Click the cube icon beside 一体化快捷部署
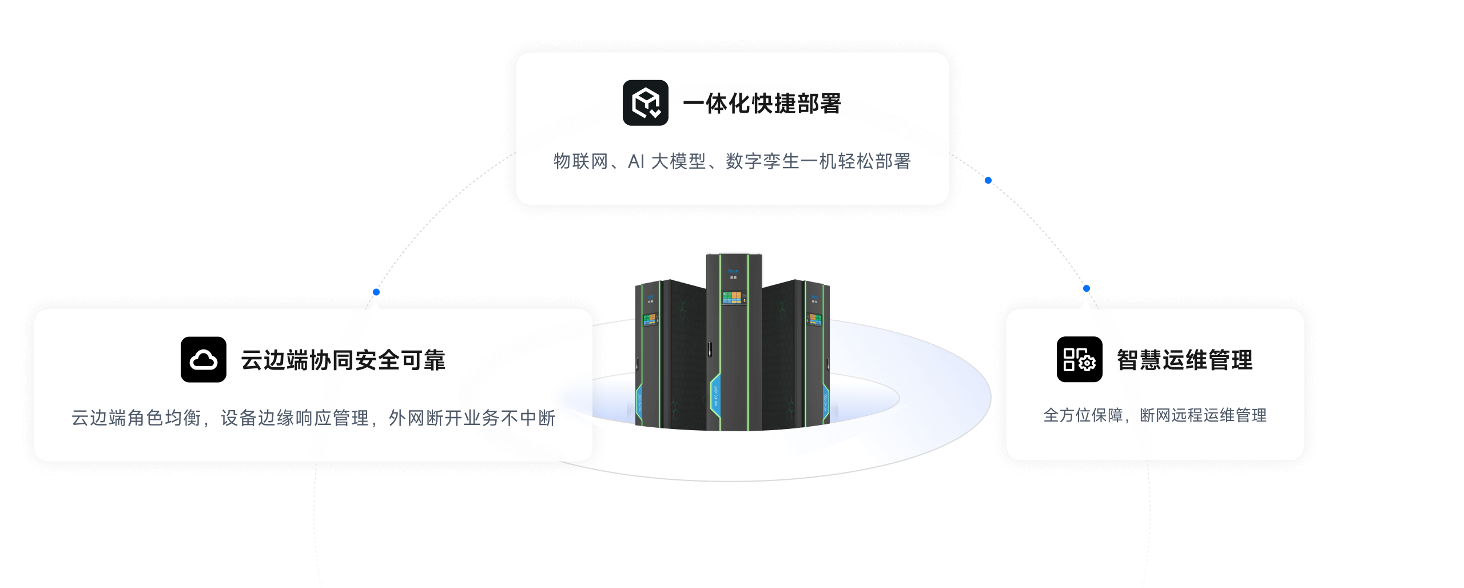click(645, 103)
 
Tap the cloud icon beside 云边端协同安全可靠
click(204, 360)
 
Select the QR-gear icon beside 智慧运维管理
click(1079, 360)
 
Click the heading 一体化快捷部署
click(762, 104)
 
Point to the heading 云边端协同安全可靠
click(343, 360)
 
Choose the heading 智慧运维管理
click(1184, 360)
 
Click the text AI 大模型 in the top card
click(667, 162)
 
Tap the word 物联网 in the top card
click(580, 162)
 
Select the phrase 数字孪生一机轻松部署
click(818, 162)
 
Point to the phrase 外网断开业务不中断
click(472, 418)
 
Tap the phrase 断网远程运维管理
click(1203, 415)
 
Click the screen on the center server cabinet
click(734, 298)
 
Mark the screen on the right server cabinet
click(815, 320)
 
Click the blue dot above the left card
click(376, 292)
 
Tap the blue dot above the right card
click(1087, 289)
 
